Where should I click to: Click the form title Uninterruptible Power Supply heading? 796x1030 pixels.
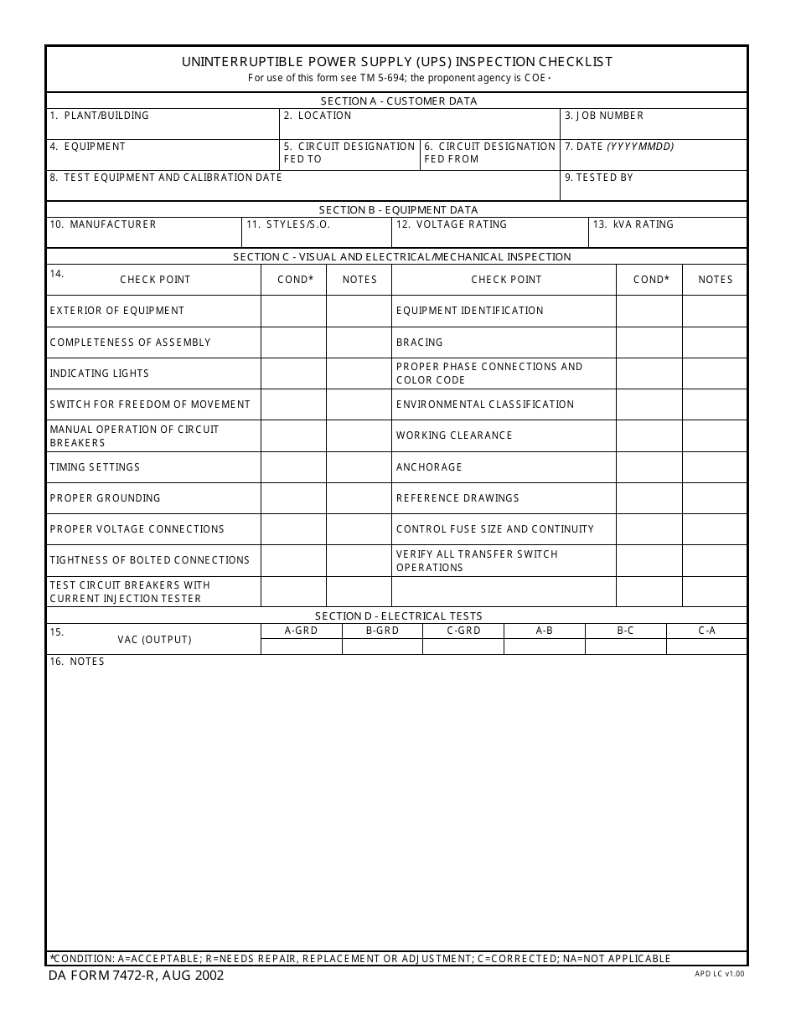396,62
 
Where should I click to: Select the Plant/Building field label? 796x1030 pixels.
99,116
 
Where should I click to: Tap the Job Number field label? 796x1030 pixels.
604,116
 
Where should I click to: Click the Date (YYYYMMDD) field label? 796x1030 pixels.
619,147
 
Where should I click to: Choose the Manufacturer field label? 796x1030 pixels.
103,224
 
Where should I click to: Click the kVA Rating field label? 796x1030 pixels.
633,224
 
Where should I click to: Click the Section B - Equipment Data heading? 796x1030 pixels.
398,210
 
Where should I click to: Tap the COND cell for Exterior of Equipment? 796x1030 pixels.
293,311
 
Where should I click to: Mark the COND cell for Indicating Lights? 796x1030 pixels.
293,373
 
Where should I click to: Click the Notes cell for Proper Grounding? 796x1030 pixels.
359,498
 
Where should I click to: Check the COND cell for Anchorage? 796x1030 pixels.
649,467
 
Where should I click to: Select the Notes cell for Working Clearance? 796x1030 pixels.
715,435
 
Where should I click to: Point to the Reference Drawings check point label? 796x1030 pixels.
457,498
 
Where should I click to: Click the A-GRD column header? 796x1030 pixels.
302,631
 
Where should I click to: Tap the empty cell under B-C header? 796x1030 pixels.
625,646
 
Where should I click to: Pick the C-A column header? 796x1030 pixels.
706,631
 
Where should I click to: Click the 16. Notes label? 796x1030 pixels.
76,662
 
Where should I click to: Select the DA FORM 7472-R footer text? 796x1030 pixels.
135,976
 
